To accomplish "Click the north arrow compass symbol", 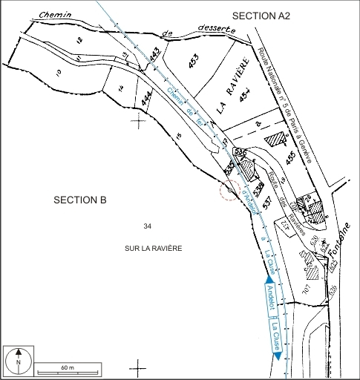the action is click(x=19, y=361).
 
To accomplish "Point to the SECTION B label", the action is click(x=80, y=200).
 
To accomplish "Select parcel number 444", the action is click(x=147, y=99).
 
